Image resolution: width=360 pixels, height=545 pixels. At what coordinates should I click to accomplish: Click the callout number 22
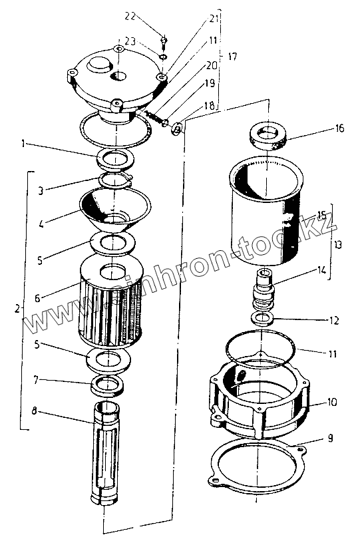tap(130, 16)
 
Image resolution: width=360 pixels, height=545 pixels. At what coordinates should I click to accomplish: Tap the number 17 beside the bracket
tap(232, 56)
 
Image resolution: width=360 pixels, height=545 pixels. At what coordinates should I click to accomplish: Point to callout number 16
tap(339, 128)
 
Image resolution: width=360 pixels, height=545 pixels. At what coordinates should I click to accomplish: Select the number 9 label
tap(330, 438)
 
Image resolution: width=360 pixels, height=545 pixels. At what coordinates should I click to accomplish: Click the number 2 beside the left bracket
tap(17, 308)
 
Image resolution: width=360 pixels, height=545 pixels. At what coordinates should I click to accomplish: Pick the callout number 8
tap(34, 411)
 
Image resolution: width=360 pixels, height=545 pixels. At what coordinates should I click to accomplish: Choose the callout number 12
tap(334, 320)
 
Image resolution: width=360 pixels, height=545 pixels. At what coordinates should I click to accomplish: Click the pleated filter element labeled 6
tap(111, 301)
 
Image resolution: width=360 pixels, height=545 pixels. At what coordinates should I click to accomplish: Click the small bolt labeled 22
tap(164, 41)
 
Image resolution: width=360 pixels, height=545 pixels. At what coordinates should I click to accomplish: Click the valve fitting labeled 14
tap(264, 289)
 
